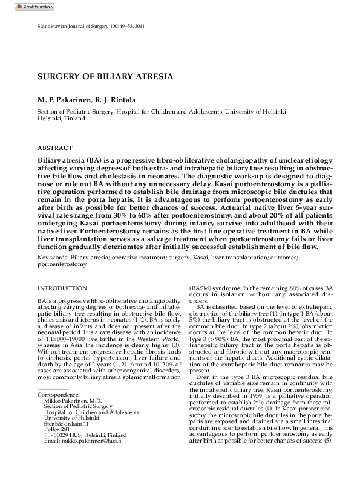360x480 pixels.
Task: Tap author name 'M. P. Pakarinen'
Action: click(x=63, y=99)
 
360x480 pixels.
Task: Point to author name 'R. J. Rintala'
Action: click(x=114, y=99)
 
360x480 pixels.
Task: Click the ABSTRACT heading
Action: click(x=55, y=148)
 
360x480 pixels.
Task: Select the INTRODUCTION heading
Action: click(x=62, y=288)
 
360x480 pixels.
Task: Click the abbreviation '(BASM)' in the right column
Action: click(x=201, y=288)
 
